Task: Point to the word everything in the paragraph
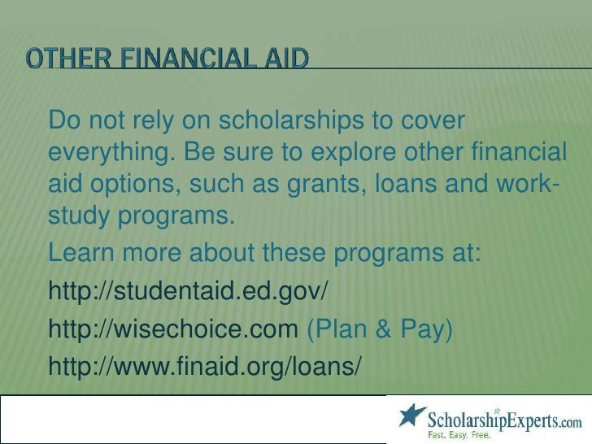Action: [x=111, y=154]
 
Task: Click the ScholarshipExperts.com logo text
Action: [x=504, y=420]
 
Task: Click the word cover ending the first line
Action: [x=433, y=122]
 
